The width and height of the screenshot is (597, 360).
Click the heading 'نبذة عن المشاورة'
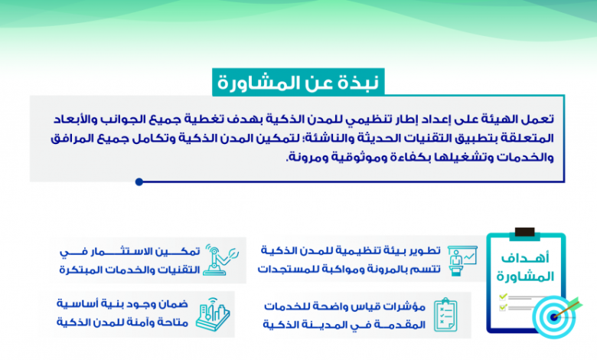coord(298,83)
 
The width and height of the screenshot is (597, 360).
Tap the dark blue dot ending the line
coord(139,182)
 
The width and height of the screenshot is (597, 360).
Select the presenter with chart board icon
coord(462,260)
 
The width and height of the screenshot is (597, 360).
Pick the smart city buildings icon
coord(213,314)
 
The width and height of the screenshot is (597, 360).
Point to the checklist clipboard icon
coord(445,315)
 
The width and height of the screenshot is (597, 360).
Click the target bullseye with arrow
coord(555,316)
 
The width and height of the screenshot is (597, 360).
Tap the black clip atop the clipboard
coord(524,232)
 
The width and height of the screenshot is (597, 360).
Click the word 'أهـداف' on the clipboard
coord(525,258)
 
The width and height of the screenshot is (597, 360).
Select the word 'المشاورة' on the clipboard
coord(525,277)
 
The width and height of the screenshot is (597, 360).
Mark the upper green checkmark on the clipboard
coord(503,296)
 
